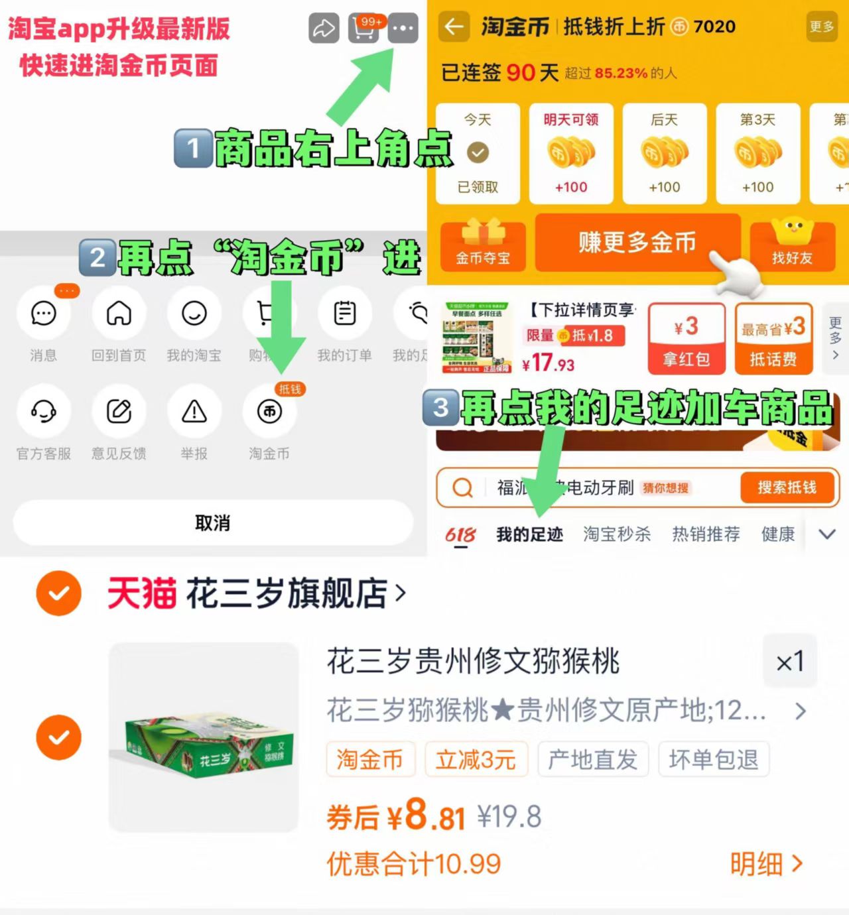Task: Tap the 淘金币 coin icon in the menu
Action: [269, 412]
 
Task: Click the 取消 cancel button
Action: [213, 523]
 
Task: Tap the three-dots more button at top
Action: [403, 29]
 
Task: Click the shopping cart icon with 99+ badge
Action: [363, 29]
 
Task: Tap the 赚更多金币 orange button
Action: [637, 243]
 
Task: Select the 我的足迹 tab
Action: [529, 534]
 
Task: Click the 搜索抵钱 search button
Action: [787, 488]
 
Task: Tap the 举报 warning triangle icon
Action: [194, 412]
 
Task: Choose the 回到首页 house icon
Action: [119, 314]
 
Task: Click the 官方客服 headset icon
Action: [44, 412]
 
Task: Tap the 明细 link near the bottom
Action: [766, 864]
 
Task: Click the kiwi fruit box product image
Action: [204, 737]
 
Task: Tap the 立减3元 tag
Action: [476, 759]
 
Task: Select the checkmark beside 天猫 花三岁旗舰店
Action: [59, 593]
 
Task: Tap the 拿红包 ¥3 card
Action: [686, 339]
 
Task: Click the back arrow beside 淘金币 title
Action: [454, 27]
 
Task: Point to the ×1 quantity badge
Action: [789, 662]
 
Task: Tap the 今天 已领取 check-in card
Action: [478, 153]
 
